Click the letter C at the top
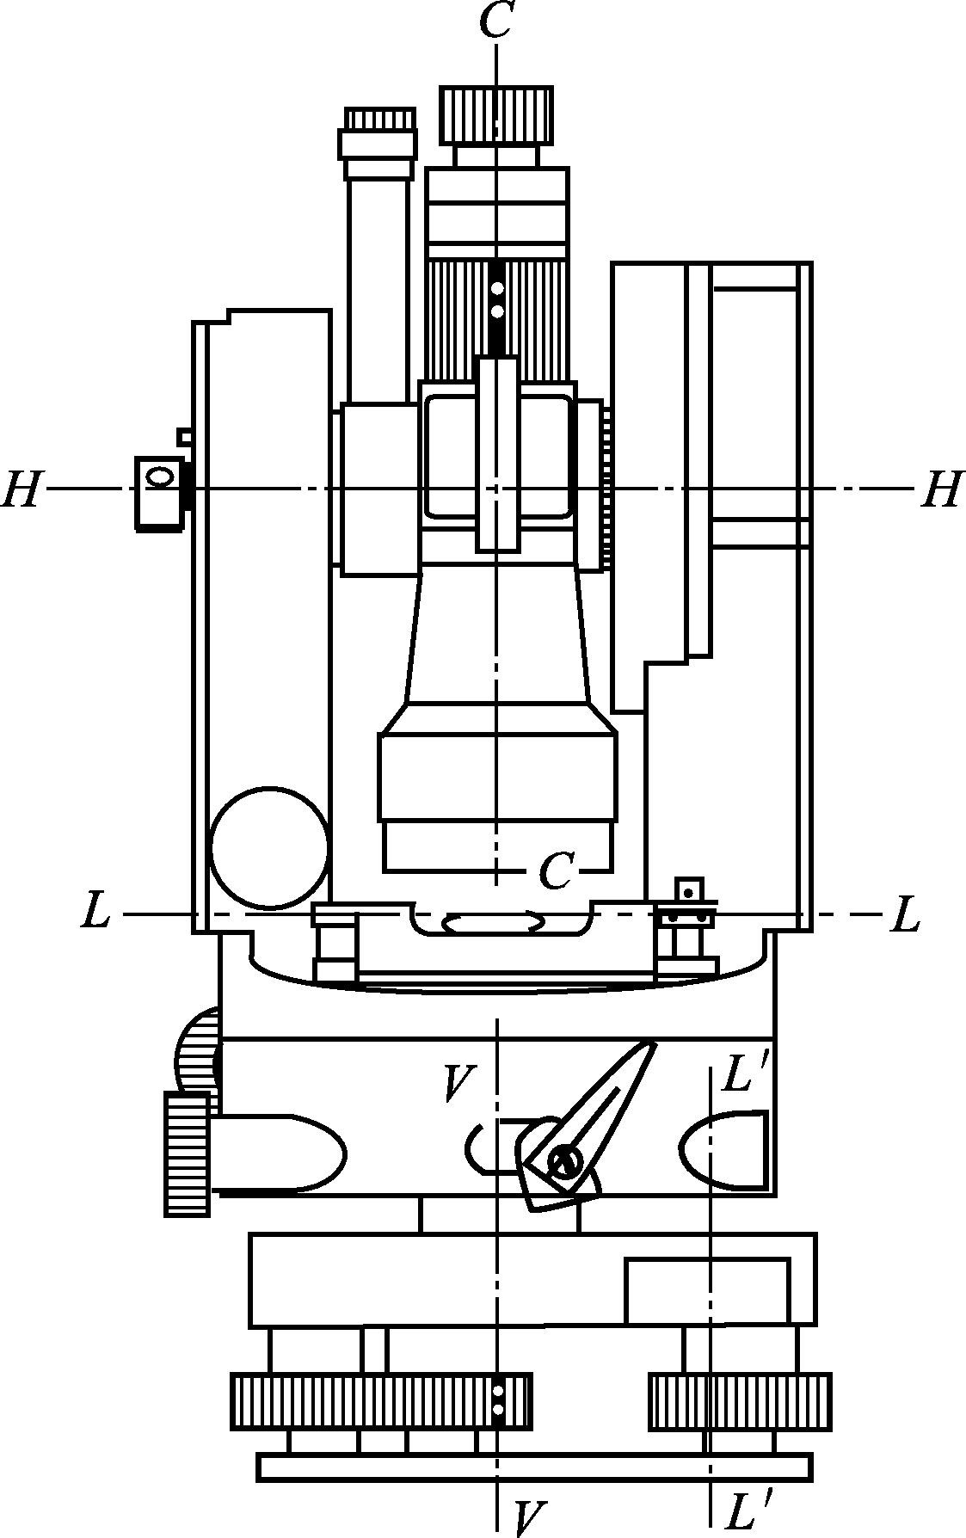coord(496,21)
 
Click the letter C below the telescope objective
coord(556,872)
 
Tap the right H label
coord(941,489)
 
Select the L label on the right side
coord(905,914)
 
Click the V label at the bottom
coord(531,1518)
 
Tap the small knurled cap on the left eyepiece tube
coord(379,119)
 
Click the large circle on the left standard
coord(270,847)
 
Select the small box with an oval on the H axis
coord(159,493)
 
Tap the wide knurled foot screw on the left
coord(381,1401)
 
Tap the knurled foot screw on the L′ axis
coord(740,1401)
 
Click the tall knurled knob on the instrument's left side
coord(188,1153)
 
